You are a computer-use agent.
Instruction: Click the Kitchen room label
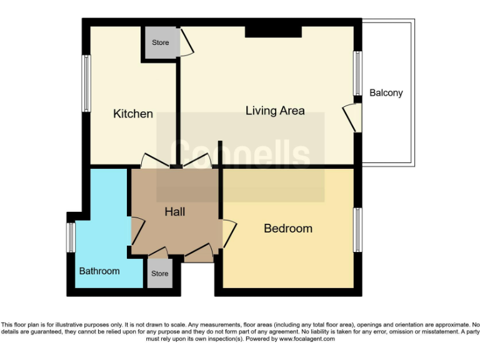132,114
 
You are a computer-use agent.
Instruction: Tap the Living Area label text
275,111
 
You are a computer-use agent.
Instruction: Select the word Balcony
386,92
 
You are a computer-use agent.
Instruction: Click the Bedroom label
287,228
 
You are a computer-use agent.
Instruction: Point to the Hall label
174,212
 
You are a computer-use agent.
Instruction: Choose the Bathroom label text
99,271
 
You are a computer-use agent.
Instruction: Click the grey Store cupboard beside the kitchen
160,43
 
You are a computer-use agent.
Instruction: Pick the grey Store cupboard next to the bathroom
159,274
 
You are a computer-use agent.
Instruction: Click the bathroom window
71,238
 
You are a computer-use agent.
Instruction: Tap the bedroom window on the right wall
358,229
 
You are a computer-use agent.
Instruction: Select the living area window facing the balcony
358,73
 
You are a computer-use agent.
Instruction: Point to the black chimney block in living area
273,31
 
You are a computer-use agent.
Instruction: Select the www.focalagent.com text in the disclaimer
306,339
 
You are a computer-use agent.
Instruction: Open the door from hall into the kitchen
153,161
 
